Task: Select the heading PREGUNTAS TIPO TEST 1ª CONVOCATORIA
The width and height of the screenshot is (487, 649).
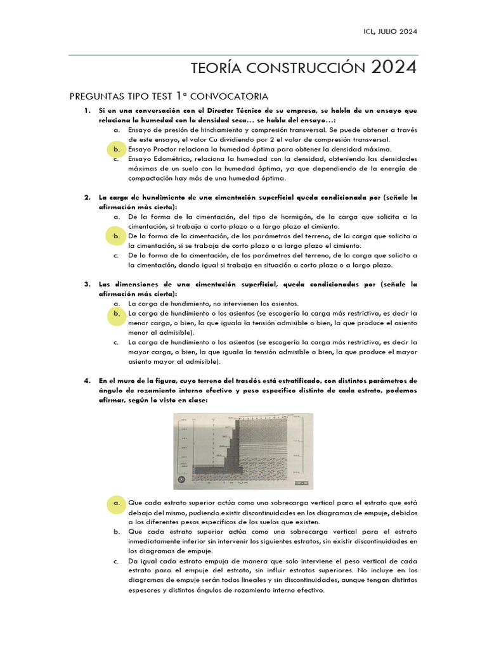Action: [x=169, y=96]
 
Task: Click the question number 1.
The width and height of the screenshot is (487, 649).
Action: [x=88, y=110]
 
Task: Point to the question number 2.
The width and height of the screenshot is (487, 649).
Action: [x=88, y=198]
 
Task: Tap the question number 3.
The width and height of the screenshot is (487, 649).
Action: [x=88, y=285]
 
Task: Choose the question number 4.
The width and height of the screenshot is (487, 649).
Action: [x=88, y=381]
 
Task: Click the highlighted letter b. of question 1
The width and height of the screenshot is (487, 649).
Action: [x=117, y=150]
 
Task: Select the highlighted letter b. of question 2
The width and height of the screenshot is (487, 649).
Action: [x=117, y=236]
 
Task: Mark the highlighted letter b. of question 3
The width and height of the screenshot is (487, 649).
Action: [x=117, y=314]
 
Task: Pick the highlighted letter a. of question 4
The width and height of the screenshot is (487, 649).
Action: [x=117, y=502]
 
